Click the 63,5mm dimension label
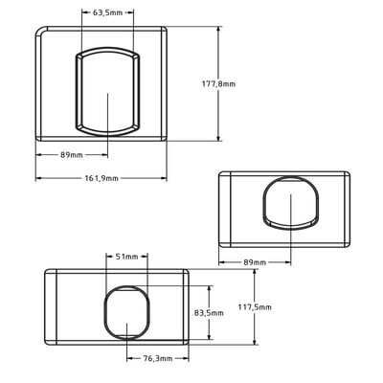click(107, 12)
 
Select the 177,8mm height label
click(218, 84)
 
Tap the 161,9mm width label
click(101, 178)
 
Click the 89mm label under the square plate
click(72, 155)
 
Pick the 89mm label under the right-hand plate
click(255, 262)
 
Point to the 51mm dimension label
click(126, 257)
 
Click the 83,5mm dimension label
click(209, 313)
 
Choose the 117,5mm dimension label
click(255, 307)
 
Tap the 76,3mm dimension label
click(158, 358)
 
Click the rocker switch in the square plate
click(107, 92)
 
